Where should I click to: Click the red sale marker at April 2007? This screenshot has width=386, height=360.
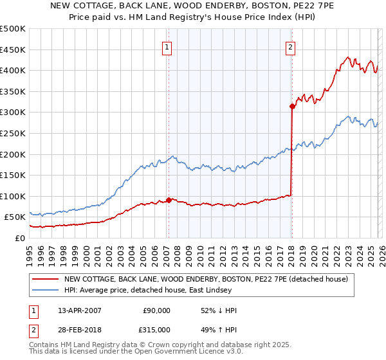169,200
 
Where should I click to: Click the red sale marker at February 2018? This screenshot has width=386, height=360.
292,107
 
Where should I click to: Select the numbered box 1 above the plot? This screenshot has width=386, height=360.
167,46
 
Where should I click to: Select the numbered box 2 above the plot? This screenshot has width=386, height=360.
290,46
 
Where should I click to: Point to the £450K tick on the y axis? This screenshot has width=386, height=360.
13,50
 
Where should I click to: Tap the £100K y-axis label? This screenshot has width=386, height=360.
13,196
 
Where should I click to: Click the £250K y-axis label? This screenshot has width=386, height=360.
13,133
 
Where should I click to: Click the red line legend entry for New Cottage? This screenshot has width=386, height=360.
206,279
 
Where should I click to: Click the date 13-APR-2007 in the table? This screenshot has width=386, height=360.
79,310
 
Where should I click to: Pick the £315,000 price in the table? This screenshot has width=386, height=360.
156,329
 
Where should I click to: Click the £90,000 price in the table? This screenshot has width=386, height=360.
156,310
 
